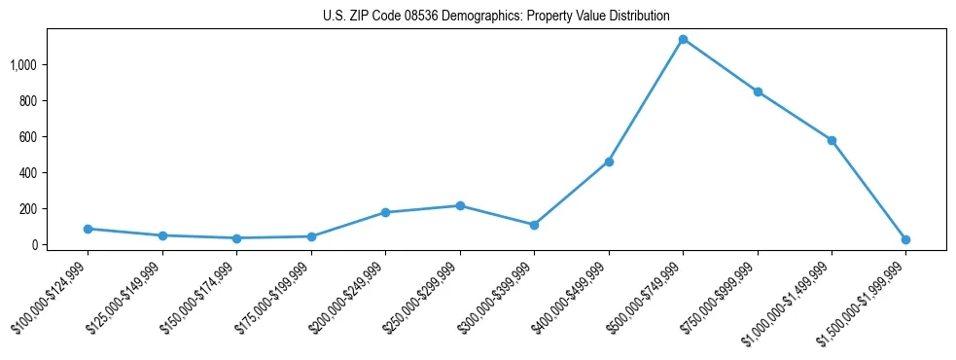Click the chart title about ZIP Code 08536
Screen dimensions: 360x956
pyautogui.click(x=496, y=17)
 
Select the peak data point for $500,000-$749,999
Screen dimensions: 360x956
pyautogui.click(x=683, y=40)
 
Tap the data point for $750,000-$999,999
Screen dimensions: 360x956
pyautogui.click(x=758, y=91)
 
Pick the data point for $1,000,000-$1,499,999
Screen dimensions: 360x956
pyautogui.click(x=832, y=140)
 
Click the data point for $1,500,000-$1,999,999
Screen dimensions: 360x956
pyautogui.click(x=905, y=239)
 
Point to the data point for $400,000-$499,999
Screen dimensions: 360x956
pyautogui.click(x=609, y=162)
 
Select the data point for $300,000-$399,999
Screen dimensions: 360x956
pyautogui.click(x=534, y=225)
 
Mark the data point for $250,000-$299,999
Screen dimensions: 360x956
pyautogui.click(x=460, y=205)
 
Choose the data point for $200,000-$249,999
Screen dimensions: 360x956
pyautogui.click(x=385, y=212)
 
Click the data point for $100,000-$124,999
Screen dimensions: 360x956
pyautogui.click(x=88, y=229)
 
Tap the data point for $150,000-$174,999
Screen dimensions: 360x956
pyautogui.click(x=236, y=238)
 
